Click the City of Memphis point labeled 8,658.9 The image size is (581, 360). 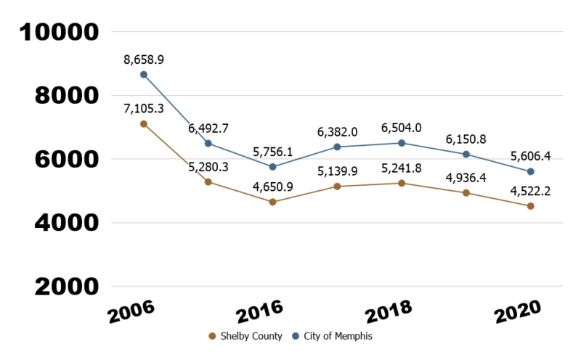pos(144,74)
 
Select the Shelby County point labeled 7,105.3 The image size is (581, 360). pos(144,124)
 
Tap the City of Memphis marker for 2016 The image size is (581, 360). pos(272,167)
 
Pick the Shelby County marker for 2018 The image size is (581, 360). pos(402,183)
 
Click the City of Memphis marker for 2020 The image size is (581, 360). pos(531,171)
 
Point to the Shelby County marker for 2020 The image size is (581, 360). pos(531,206)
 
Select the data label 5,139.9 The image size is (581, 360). pos(337,171)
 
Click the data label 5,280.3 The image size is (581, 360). pos(208,166)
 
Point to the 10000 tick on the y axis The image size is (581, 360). pos(60,32)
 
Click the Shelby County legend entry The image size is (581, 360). pos(245,336)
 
